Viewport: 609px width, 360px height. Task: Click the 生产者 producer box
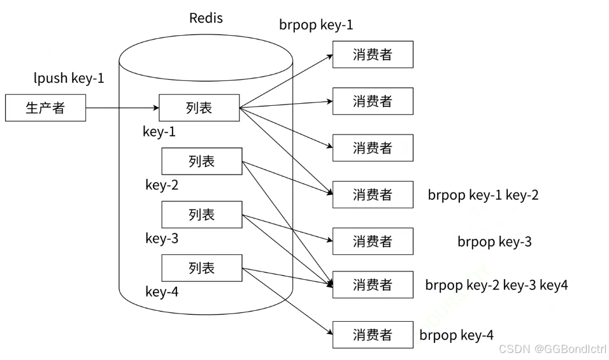pos(45,108)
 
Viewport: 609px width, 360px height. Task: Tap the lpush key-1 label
pos(69,78)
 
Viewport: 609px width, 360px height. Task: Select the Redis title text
pos(206,18)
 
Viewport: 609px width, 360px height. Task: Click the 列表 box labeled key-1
pos(199,108)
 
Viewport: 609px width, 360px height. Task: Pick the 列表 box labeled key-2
pos(202,161)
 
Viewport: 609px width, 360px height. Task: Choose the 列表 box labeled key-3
pos(202,214)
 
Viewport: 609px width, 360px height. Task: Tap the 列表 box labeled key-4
pos(202,268)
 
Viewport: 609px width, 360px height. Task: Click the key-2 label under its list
pos(162,185)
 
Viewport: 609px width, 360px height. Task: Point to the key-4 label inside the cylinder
pos(162,292)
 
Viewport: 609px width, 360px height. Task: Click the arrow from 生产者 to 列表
pos(122,108)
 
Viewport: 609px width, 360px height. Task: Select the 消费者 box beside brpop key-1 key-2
pos(373,194)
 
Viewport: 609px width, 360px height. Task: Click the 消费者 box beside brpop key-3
pos(373,241)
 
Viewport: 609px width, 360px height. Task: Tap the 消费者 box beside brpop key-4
pos(373,335)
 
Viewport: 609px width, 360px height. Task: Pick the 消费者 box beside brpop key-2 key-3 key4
pos(373,285)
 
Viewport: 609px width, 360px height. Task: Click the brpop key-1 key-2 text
pos(483,195)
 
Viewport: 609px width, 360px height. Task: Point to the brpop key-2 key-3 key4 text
pos(496,285)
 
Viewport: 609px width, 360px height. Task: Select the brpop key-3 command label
pos(494,241)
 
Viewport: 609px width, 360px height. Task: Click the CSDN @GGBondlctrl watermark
pos(552,349)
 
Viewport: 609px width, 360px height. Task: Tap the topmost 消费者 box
pos(373,54)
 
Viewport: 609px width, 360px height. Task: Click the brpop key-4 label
pos(456,335)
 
